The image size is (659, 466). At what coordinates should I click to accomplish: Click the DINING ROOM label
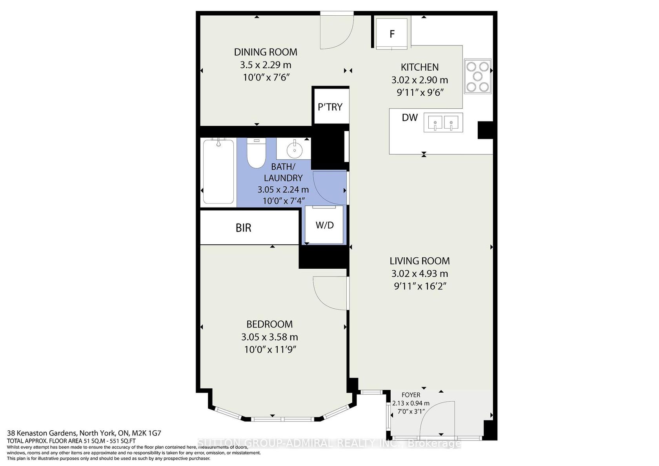point(265,52)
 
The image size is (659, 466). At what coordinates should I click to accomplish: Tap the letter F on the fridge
point(392,34)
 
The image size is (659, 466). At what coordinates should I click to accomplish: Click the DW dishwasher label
point(410,118)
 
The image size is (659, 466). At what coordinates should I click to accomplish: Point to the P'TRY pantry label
point(330,107)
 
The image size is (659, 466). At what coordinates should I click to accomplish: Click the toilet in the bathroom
point(256,153)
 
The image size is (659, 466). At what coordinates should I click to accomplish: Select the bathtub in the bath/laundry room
point(218,171)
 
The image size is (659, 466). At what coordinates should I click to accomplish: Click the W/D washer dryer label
point(324,225)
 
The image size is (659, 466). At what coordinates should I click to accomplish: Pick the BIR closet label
point(243,228)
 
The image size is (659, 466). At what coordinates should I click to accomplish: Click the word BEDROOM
point(269,324)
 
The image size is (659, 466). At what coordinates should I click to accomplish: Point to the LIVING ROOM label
point(420,261)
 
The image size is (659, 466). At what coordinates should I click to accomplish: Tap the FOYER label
point(411,395)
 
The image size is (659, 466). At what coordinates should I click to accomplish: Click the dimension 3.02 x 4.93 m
point(420,274)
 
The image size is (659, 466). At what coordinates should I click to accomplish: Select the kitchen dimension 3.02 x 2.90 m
point(420,80)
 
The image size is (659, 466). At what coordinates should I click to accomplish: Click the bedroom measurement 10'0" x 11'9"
point(270,349)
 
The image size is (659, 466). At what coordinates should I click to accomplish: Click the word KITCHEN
point(420,67)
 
